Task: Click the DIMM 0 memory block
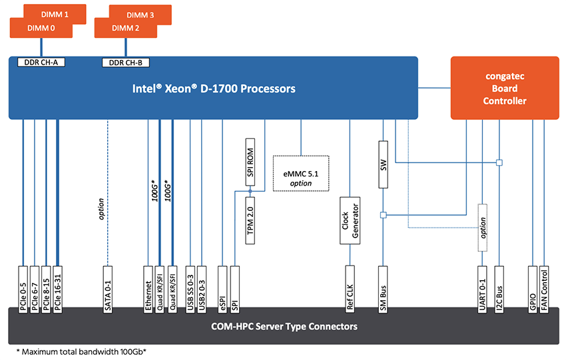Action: [40, 29]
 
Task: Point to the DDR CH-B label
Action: [125, 63]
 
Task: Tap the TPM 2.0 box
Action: [250, 220]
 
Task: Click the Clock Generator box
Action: [350, 221]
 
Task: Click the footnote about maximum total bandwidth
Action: [81, 351]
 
